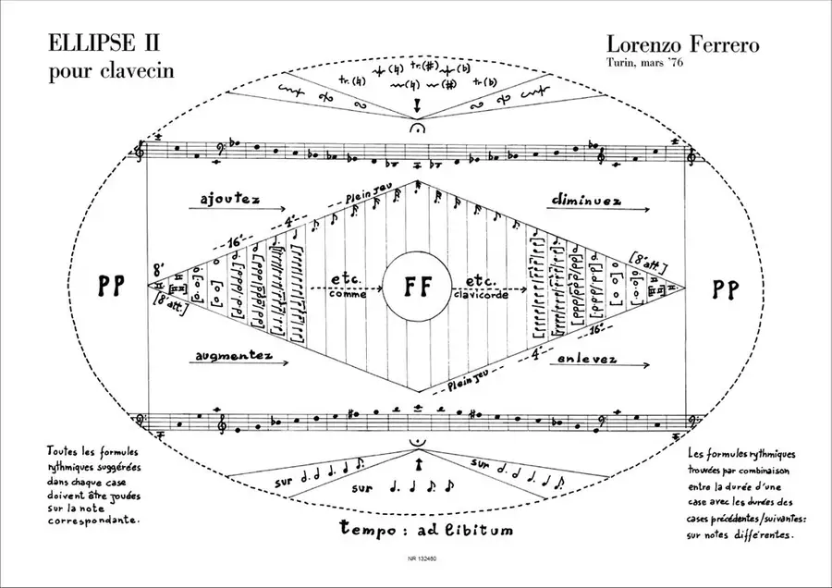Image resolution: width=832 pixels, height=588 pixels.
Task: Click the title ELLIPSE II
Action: point(107,43)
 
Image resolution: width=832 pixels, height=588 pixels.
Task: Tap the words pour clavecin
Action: point(111,69)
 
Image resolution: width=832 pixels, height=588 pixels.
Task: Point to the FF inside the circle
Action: point(417,286)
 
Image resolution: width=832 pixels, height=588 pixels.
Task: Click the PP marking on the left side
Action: point(111,287)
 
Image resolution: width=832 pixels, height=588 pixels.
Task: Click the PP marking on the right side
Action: point(724,288)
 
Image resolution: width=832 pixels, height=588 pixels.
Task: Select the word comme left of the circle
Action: point(347,295)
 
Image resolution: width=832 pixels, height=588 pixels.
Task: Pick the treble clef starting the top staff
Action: point(141,151)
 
